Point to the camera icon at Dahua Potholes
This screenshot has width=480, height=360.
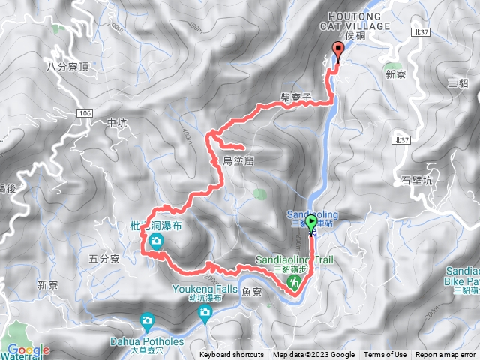pyautogui.click(x=148, y=322)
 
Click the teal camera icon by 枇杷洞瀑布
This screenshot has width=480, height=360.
pyautogui.click(x=156, y=241)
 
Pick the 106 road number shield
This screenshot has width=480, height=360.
pyautogui.click(x=84, y=112)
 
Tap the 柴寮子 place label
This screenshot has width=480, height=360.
pyautogui.click(x=295, y=107)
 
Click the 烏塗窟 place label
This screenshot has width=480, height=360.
pyautogui.click(x=238, y=160)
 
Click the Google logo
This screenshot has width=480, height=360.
pyautogui.click(x=27, y=349)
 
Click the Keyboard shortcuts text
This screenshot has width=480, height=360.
pyautogui.click(x=232, y=355)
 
